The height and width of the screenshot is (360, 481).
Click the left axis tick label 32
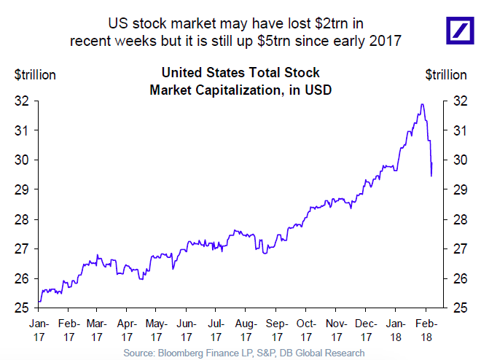(22, 101)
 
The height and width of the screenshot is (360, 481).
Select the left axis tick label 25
(22, 308)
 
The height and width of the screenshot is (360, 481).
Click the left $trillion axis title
(34, 74)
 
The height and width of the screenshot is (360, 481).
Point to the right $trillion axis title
(445, 74)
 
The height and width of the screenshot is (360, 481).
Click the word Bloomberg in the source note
(192, 353)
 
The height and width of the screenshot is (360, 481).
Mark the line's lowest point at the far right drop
(432, 176)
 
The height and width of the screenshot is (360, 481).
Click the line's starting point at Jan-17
(39, 301)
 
